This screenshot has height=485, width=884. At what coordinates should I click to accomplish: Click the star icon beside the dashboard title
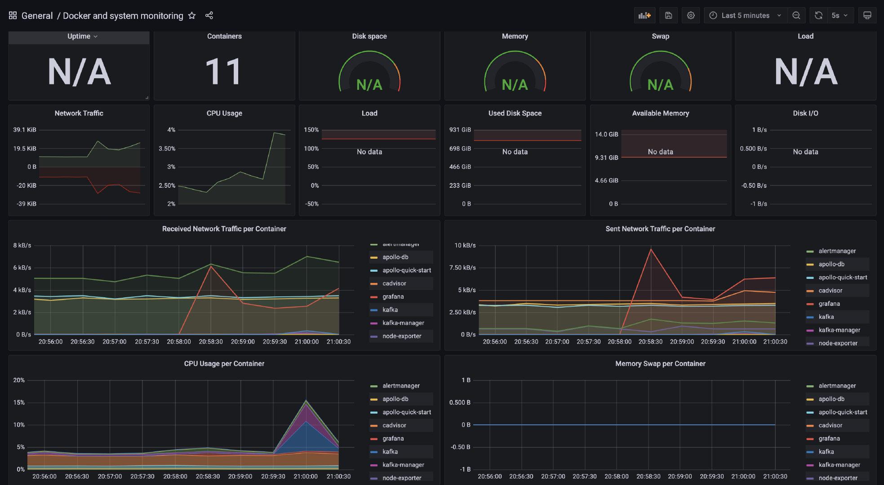pos(192,16)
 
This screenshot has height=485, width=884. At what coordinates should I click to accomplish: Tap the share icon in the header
pos(209,16)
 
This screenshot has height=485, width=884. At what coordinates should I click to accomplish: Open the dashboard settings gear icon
pos(691,15)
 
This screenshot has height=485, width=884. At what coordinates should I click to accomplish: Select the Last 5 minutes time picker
pos(745,15)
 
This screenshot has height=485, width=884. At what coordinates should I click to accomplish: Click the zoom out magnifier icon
pos(796,15)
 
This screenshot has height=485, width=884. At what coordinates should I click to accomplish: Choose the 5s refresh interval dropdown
pos(839,15)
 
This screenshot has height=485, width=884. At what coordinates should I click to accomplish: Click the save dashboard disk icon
pos(668,15)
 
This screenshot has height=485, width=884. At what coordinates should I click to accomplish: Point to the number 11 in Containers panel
pos(223,72)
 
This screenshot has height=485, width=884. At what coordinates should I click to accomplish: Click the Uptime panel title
pos(79,36)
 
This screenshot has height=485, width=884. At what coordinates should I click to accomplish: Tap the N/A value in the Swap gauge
pos(660,84)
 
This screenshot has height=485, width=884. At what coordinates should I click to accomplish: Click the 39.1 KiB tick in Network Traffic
pos(25,130)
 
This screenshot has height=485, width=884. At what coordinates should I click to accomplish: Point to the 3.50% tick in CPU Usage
pos(167,149)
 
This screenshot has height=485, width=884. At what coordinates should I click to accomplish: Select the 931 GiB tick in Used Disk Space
pos(460,130)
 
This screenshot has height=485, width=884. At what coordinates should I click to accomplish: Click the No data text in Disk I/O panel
pos(805,152)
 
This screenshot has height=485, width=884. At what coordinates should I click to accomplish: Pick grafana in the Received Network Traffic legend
pos(393,296)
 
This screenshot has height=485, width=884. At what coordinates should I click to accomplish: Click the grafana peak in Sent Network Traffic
pos(651,249)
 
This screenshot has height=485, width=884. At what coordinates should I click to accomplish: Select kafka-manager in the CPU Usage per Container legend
pos(403,465)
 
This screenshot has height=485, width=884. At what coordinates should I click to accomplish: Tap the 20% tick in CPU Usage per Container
pos(19,380)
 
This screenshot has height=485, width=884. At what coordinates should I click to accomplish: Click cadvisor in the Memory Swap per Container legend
pos(830,425)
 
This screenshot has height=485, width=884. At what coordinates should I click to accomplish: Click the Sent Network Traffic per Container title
pos(660,229)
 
